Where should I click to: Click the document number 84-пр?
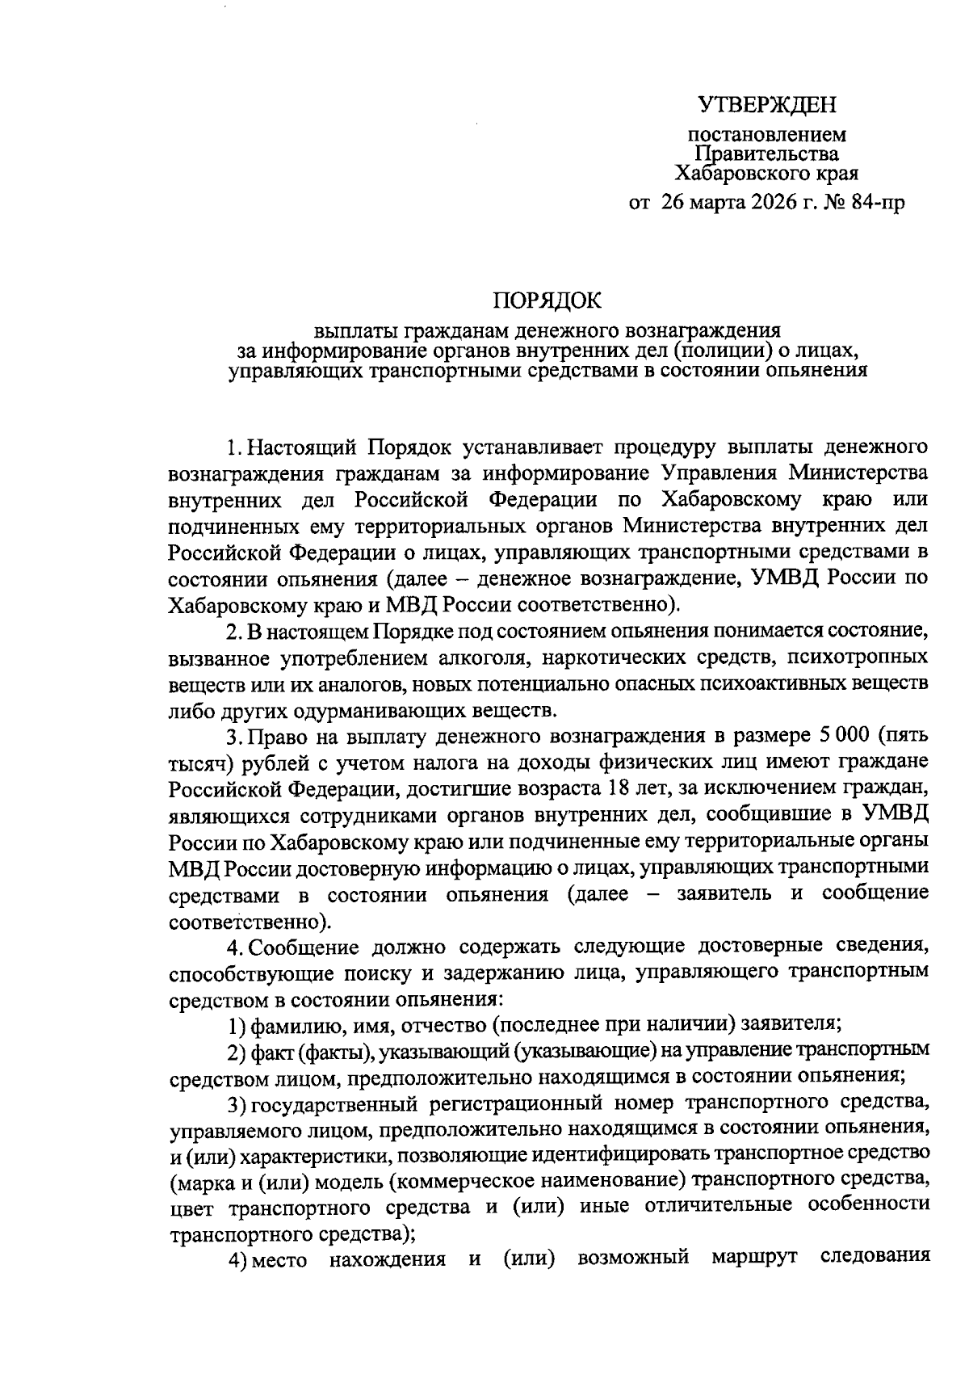pos(877,203)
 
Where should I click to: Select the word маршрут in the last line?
pos(755,1258)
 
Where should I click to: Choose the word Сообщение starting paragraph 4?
pos(302,946)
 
